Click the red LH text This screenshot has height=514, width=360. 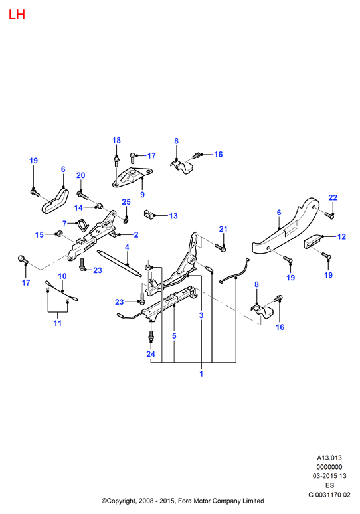pyautogui.click(x=17, y=15)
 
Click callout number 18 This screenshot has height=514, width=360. pyautogui.click(x=116, y=141)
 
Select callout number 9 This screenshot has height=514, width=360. pyautogui.click(x=142, y=195)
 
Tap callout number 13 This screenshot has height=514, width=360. pyautogui.click(x=173, y=216)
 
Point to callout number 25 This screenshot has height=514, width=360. pyautogui.click(x=126, y=202)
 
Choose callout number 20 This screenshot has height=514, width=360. pyautogui.click(x=80, y=175)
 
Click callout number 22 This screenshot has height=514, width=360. pyautogui.click(x=333, y=197)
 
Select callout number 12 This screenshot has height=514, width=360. pyautogui.click(x=341, y=236)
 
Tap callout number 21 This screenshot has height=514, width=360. pyautogui.click(x=223, y=229)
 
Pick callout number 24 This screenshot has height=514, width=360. pyautogui.click(x=151, y=354)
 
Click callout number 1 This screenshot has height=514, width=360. pyautogui.click(x=201, y=373)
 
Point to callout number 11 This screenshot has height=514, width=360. pyautogui.click(x=58, y=323)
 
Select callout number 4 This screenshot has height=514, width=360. pyautogui.click(x=127, y=247)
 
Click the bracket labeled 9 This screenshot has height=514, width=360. pyautogui.click(x=131, y=177)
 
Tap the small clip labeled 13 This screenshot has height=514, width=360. pyautogui.click(x=149, y=214)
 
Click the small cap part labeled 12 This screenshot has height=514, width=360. pyautogui.click(x=314, y=241)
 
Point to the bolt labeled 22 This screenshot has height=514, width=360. pyautogui.click(x=329, y=215)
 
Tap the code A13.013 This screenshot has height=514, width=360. pyautogui.click(x=329, y=458)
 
